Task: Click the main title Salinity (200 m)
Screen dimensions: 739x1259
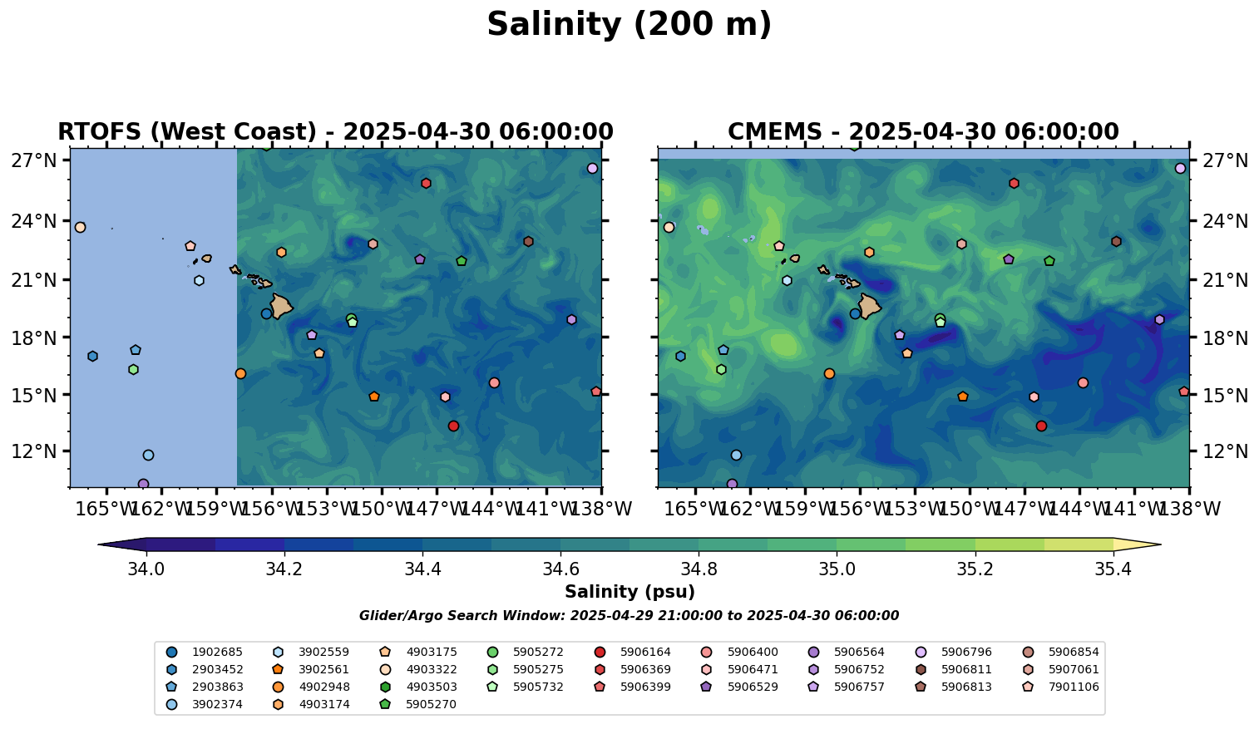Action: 629,25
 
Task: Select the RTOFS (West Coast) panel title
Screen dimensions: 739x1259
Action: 335,132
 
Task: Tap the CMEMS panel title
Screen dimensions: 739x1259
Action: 923,132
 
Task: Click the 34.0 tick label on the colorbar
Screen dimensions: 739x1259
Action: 146,569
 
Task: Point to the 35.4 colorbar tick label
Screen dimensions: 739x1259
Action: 1113,569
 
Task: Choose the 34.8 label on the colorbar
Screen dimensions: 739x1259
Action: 699,569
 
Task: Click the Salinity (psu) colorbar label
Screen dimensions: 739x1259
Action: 629,592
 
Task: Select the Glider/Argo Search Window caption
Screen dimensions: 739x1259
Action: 629,616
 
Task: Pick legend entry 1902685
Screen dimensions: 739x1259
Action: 209,653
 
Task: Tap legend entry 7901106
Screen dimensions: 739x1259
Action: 1074,687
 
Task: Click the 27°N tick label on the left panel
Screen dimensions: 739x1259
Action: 34,160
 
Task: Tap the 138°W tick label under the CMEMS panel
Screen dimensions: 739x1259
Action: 1187,509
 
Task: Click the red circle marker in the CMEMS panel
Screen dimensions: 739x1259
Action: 1041,426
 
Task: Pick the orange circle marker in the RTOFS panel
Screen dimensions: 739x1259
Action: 240,373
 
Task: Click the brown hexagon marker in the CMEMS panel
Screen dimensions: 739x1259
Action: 1116,241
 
